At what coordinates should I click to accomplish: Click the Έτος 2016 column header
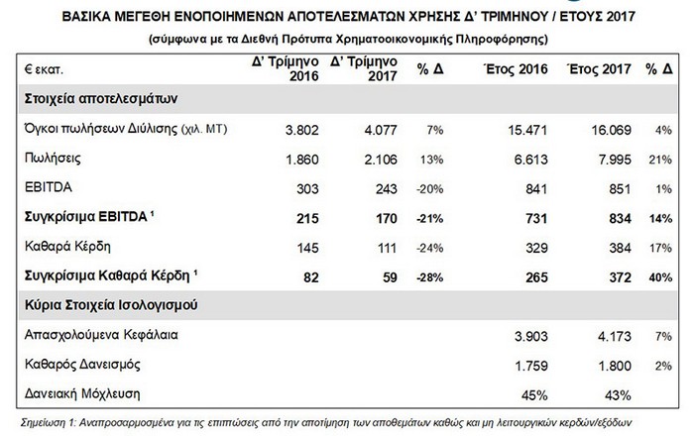(x=516, y=69)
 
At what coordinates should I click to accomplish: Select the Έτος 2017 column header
(x=599, y=69)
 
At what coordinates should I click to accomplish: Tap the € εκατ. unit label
(x=44, y=70)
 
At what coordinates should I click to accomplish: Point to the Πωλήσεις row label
(x=53, y=159)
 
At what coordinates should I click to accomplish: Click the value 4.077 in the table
(x=381, y=130)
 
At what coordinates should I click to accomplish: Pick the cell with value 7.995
(x=615, y=160)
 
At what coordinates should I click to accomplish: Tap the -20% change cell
(x=429, y=189)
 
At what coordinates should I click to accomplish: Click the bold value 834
(x=619, y=218)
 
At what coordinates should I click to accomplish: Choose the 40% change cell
(x=660, y=277)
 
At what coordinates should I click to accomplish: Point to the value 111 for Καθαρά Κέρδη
(x=387, y=248)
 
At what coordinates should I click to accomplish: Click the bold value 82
(x=310, y=277)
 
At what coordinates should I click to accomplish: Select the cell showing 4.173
(x=615, y=337)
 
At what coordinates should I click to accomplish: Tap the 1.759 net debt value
(x=531, y=366)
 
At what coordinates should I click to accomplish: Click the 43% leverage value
(x=618, y=395)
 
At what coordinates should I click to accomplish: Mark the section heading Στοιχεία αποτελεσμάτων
(x=101, y=99)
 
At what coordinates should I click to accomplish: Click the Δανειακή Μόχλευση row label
(x=82, y=393)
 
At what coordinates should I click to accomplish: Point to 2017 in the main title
(x=621, y=17)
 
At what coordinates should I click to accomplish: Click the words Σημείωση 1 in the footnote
(x=49, y=423)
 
